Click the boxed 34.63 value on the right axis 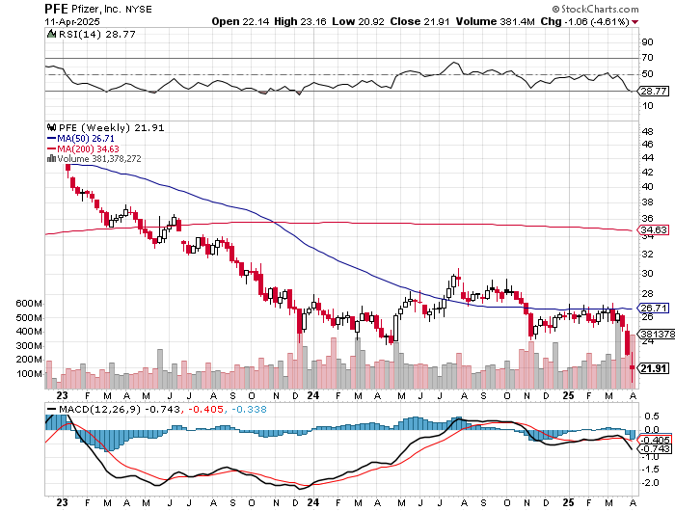point(655,230)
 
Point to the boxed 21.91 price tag point(655,368)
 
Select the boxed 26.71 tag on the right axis point(655,308)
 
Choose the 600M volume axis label point(30,303)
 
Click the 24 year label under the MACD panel point(311,502)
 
